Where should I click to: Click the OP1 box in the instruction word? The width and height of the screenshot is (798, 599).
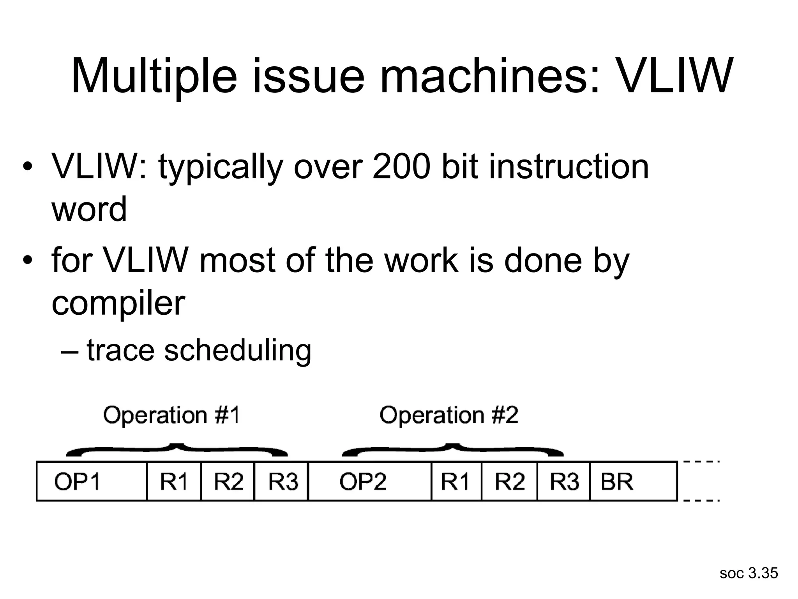click(x=91, y=481)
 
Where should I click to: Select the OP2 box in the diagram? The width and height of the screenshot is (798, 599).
click(x=369, y=481)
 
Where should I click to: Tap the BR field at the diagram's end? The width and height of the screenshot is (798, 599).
click(x=633, y=481)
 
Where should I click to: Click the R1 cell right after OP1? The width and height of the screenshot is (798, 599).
click(x=174, y=481)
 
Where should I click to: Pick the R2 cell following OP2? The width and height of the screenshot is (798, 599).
click(x=509, y=481)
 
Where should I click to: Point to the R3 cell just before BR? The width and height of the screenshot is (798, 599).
click(x=563, y=481)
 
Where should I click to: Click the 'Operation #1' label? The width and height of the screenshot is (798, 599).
click(x=171, y=415)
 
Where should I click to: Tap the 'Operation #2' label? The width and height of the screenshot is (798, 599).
click(x=449, y=415)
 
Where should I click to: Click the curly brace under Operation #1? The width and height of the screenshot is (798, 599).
click(x=177, y=450)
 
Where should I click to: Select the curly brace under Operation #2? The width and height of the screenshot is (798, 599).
click(x=452, y=450)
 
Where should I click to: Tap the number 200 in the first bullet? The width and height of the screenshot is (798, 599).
click(x=401, y=167)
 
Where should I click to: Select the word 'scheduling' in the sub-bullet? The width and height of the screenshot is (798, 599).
click(x=238, y=350)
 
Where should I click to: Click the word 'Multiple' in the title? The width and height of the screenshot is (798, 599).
click(x=154, y=76)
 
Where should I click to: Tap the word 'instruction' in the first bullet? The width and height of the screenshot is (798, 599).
click(x=569, y=167)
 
